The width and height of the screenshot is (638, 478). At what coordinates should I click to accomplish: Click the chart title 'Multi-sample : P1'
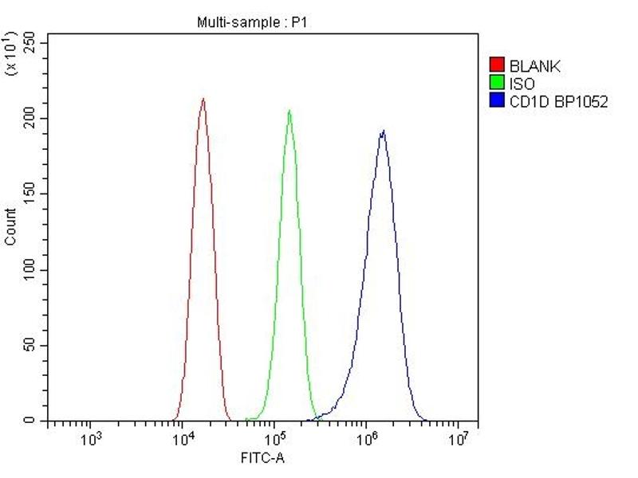click(251, 23)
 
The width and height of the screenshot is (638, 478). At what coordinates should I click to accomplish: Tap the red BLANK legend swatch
click(497, 65)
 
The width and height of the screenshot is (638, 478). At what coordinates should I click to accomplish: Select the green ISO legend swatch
click(497, 83)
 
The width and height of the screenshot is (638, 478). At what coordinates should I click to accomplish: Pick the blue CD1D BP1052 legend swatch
click(497, 100)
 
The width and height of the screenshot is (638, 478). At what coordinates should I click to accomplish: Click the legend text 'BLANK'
click(534, 66)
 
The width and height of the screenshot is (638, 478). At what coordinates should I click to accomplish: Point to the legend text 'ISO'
click(522, 84)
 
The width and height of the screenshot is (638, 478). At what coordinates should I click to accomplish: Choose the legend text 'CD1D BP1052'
click(558, 101)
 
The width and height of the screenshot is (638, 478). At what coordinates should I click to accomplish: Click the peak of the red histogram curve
click(203, 99)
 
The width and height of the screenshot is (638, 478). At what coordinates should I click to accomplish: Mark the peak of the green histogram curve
click(289, 110)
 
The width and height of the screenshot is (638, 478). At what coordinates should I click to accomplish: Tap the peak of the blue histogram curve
click(384, 131)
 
